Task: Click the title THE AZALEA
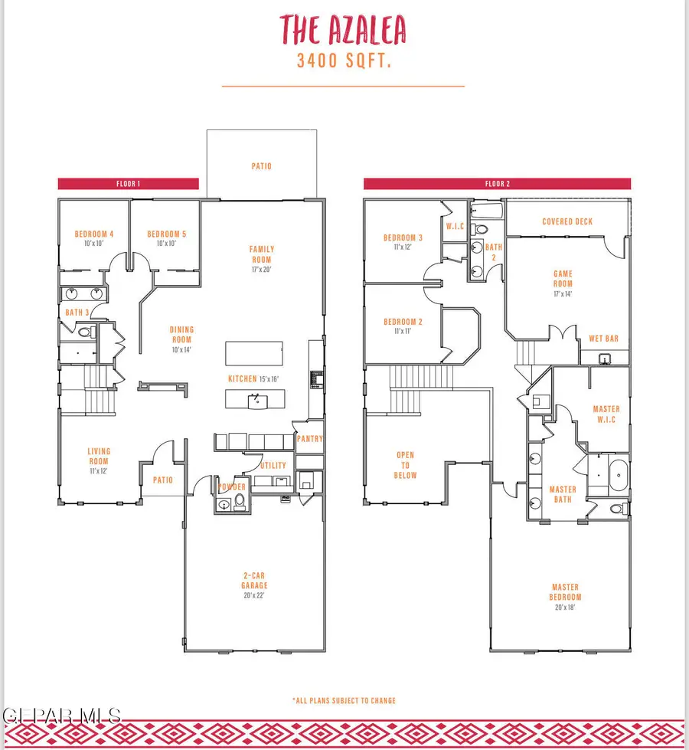pyautogui.click(x=342, y=30)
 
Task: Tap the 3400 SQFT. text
pyautogui.click(x=344, y=62)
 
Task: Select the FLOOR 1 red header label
pyautogui.click(x=128, y=184)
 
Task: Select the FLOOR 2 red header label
pyautogui.click(x=497, y=184)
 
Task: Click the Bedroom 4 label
pyautogui.click(x=94, y=234)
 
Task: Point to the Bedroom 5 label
pyautogui.click(x=166, y=234)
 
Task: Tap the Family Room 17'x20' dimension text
pyautogui.click(x=261, y=270)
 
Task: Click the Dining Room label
pyautogui.click(x=181, y=334)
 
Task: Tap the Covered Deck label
pyautogui.click(x=567, y=221)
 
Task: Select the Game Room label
pyautogui.click(x=563, y=278)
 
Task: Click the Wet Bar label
pyautogui.click(x=603, y=338)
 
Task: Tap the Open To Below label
pyautogui.click(x=405, y=465)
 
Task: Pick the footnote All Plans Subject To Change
pyautogui.click(x=344, y=700)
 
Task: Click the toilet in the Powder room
pyautogui.click(x=239, y=503)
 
